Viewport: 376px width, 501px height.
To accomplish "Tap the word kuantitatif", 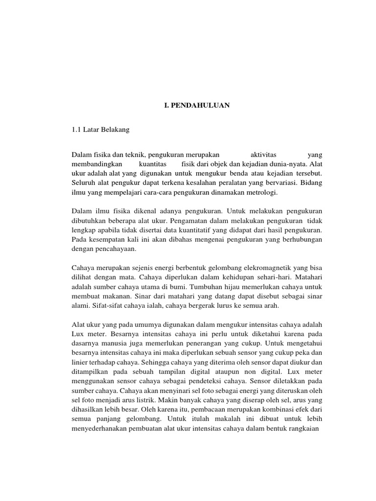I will pyautogui.click(x=194, y=230).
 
